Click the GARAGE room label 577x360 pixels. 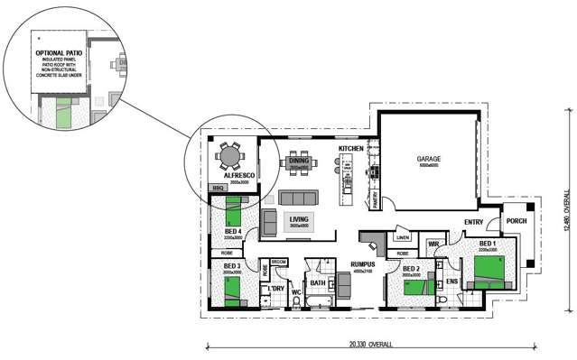pos(428,161)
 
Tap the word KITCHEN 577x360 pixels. pos(350,147)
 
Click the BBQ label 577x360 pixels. pos(218,188)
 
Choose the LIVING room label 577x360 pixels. pos(299,218)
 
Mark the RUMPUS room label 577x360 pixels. pos(363,263)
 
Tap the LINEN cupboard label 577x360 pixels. pos(403,238)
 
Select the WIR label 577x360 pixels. pos(433,244)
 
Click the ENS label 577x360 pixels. pos(451,282)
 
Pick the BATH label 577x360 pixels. pos(318,283)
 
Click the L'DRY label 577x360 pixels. pos(277,289)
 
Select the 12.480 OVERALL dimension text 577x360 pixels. pos(566,211)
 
